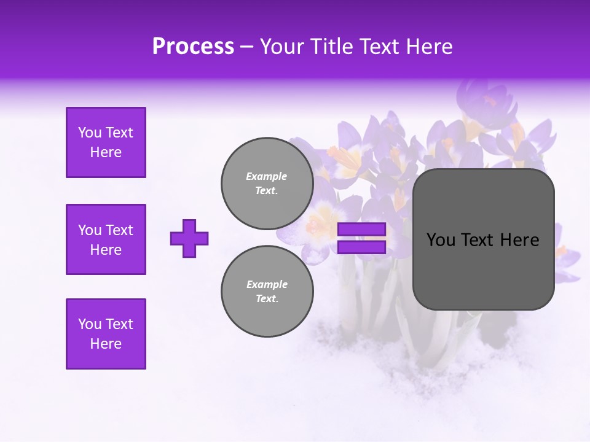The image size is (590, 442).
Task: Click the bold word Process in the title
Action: [x=193, y=47]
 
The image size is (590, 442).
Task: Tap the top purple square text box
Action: [x=106, y=142]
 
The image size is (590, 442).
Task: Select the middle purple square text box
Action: [x=106, y=239]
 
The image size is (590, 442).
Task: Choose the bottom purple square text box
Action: [x=106, y=334]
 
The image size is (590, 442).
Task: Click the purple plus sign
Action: [x=189, y=238]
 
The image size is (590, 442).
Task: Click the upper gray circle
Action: [x=267, y=183]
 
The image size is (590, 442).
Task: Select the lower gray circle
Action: [x=267, y=291]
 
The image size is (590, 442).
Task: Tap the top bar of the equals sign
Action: [x=361, y=230]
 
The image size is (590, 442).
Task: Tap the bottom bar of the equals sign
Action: [x=361, y=247]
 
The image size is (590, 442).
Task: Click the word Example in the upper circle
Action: [x=267, y=176]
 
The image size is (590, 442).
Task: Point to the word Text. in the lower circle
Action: [x=267, y=299]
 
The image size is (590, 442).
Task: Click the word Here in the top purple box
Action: [x=106, y=152]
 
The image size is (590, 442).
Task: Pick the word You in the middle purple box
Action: [x=88, y=230]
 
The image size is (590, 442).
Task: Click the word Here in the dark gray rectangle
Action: [x=519, y=240]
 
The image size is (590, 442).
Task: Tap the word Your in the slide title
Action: [x=280, y=47]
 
